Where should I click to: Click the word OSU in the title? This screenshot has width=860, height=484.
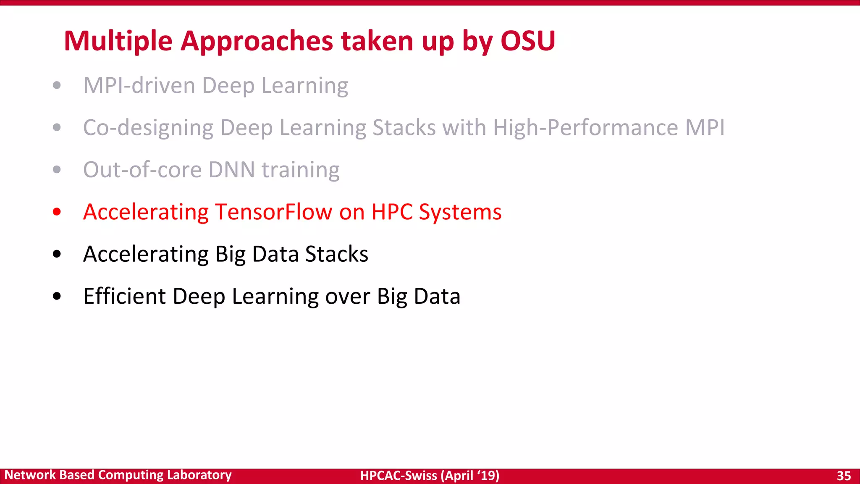click(x=528, y=41)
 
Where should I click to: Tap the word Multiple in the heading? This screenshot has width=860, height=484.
click(x=118, y=41)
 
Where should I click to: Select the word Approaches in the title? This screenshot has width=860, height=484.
click(x=257, y=41)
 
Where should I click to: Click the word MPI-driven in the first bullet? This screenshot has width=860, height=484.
click(x=139, y=86)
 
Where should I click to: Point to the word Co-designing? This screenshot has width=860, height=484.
click(x=148, y=128)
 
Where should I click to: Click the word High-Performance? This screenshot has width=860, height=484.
click(x=585, y=128)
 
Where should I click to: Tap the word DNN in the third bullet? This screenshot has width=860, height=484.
click(x=232, y=170)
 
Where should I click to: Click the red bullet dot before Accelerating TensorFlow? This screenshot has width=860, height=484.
click(x=57, y=212)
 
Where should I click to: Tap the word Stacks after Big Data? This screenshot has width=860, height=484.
click(x=336, y=254)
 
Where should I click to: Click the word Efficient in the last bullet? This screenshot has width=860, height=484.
click(x=124, y=296)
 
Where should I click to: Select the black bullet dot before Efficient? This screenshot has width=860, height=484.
click(x=57, y=296)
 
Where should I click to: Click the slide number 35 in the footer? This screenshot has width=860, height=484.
click(x=844, y=476)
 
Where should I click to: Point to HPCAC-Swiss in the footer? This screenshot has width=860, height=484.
click(x=399, y=476)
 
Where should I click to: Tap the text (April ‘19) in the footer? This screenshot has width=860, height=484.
click(x=470, y=476)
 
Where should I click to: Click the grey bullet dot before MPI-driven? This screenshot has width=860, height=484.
click(x=57, y=86)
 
